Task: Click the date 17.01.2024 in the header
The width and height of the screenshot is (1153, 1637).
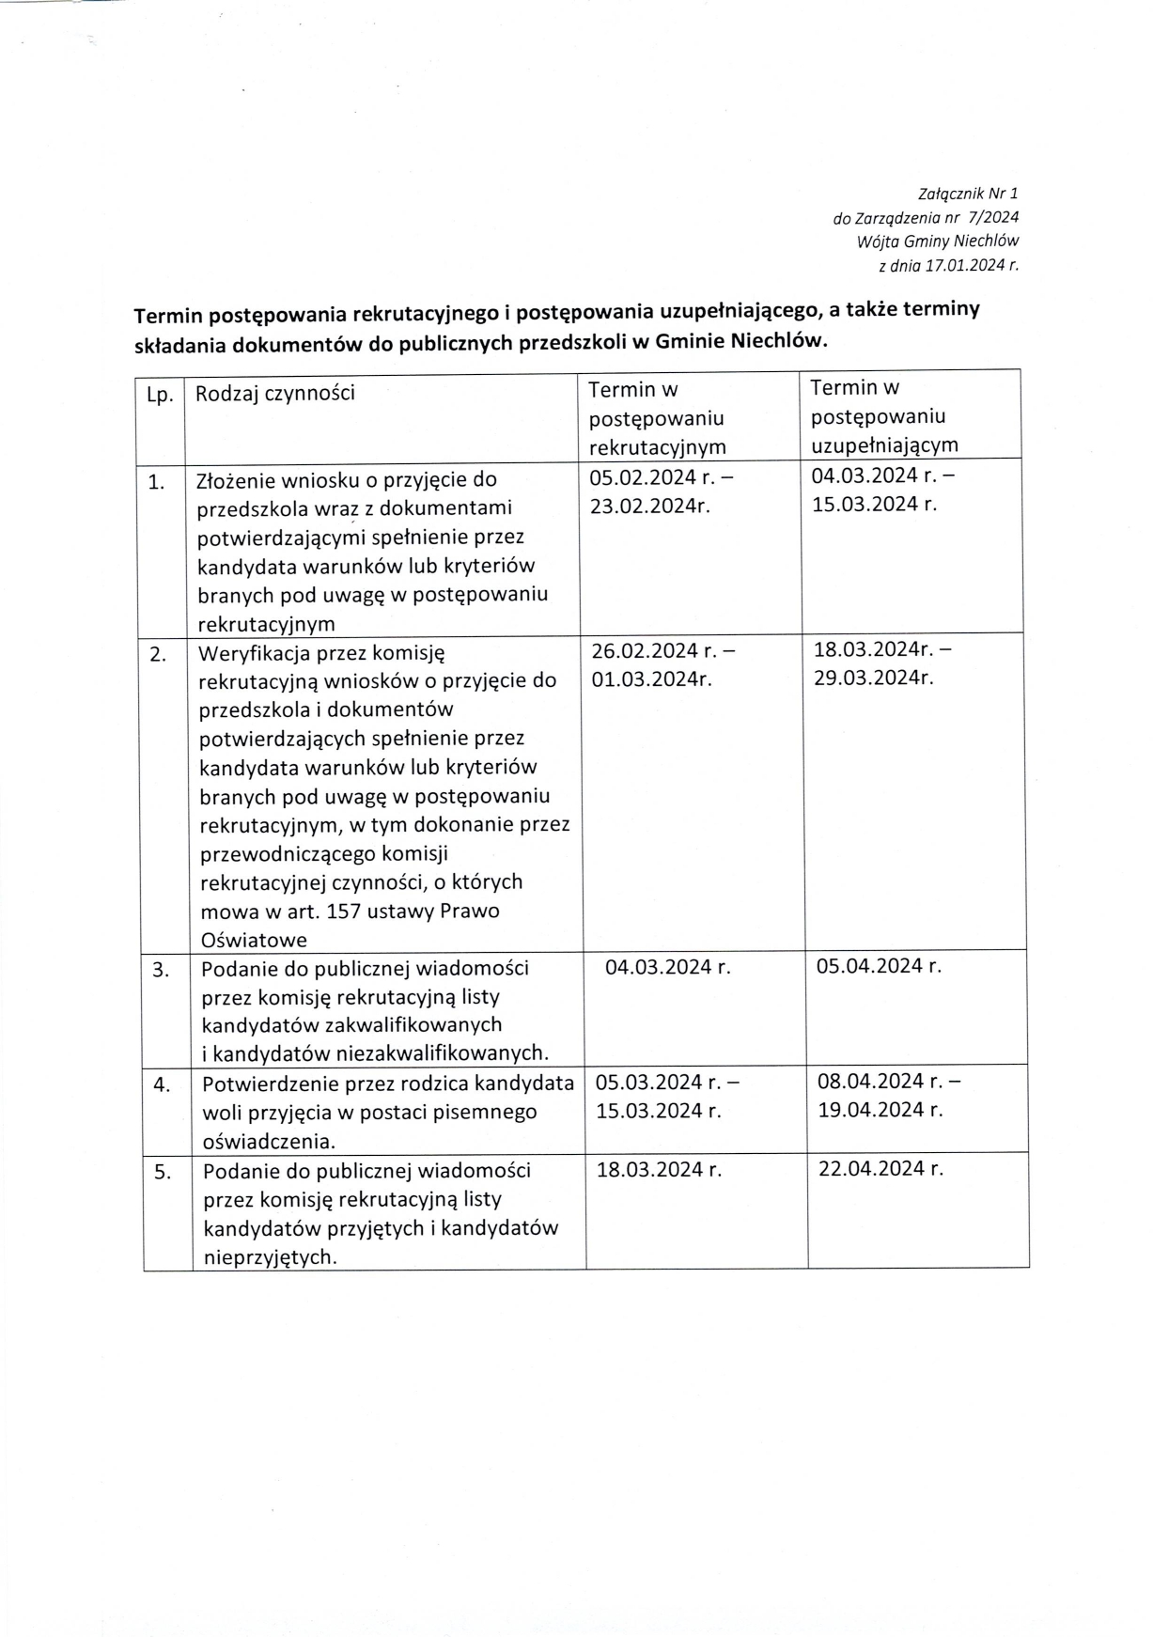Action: click(x=962, y=266)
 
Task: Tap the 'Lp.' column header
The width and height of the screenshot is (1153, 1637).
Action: click(x=160, y=395)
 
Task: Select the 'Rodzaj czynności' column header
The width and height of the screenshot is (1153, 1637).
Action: click(x=274, y=393)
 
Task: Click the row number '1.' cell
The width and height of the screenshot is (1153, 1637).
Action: click(x=157, y=483)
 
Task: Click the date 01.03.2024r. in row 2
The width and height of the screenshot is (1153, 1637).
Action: click(x=651, y=679)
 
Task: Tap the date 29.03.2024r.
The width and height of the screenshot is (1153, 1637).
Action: click(x=873, y=678)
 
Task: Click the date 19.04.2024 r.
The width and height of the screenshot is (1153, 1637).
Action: click(x=880, y=1110)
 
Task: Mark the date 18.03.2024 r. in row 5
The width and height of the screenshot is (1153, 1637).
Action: click(x=658, y=1170)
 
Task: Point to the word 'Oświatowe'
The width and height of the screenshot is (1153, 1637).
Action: click(x=254, y=941)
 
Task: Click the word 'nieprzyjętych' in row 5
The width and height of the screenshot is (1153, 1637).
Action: click(x=269, y=1257)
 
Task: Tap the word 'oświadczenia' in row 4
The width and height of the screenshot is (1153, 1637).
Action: click(x=267, y=1142)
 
